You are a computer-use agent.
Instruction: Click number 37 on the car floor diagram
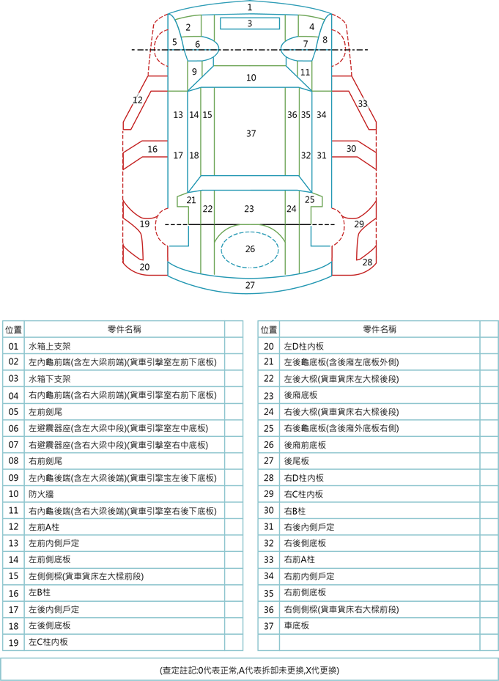[x=251, y=133]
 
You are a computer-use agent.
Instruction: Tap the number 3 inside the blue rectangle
[x=249, y=23]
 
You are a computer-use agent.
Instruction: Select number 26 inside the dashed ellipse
[x=250, y=249]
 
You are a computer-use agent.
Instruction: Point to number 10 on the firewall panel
[x=251, y=77]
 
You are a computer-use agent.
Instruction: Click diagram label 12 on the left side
[x=137, y=100]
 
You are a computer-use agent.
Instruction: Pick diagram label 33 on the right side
[x=362, y=104]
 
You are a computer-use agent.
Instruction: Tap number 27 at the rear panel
[x=250, y=285]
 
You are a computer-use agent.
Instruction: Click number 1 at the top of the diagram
[x=249, y=7]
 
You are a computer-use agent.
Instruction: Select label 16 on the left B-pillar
[x=152, y=149]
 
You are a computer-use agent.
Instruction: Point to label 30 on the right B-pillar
[x=351, y=149]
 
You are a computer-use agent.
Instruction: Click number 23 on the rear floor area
[x=249, y=209]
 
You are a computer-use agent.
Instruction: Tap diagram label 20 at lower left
[x=144, y=267]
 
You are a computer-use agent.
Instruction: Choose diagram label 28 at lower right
[x=367, y=262]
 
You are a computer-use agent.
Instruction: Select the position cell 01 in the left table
[x=13, y=346]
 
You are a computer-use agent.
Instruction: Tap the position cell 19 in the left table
[x=13, y=642]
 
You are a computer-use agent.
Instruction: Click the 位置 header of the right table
[x=269, y=329]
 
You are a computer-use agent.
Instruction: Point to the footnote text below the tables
[x=249, y=670]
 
